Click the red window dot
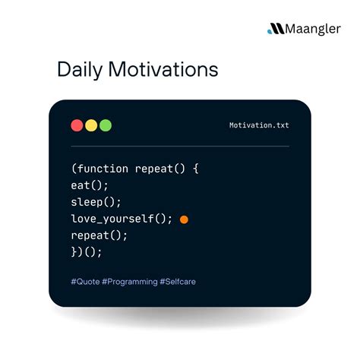77,125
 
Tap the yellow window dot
91,125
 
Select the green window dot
106,125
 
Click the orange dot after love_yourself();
184,219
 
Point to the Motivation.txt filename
259,125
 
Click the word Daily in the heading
81,71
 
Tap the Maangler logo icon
274,30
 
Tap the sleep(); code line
96,202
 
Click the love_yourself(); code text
122,219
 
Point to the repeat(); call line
99,235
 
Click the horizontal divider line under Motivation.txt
180,146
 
